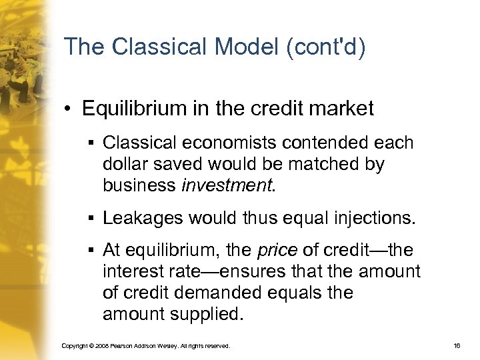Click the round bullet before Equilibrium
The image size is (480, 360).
[x=69, y=109]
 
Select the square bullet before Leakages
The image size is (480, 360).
[x=89, y=218]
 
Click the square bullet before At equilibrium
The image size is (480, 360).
[x=89, y=251]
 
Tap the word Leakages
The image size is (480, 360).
[x=143, y=217]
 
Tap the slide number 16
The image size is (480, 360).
[x=456, y=346]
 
